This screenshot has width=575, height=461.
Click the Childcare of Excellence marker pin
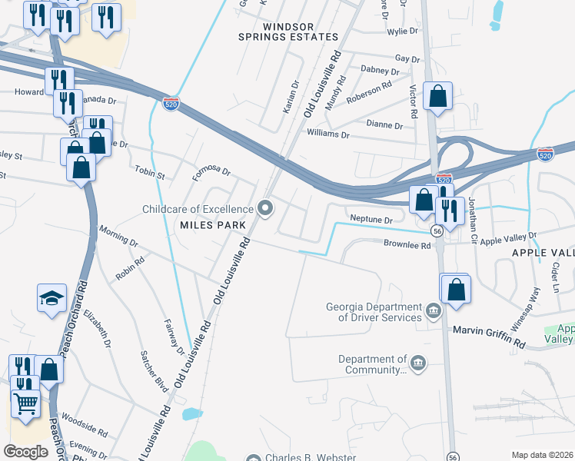pos(266,209)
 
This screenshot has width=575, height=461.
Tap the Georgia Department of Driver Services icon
pos(434,312)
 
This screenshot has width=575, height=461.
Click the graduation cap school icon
pos(52,298)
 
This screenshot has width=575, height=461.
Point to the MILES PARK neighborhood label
pos(213,225)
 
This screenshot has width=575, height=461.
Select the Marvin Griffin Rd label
pos(488,330)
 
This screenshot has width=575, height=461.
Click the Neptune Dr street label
pos(371,220)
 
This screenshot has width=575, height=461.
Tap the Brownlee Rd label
pos(406,244)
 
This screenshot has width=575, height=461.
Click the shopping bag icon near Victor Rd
pos(437,96)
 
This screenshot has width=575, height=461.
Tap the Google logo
pos(25,452)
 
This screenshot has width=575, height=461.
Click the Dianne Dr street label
pos(387,124)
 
